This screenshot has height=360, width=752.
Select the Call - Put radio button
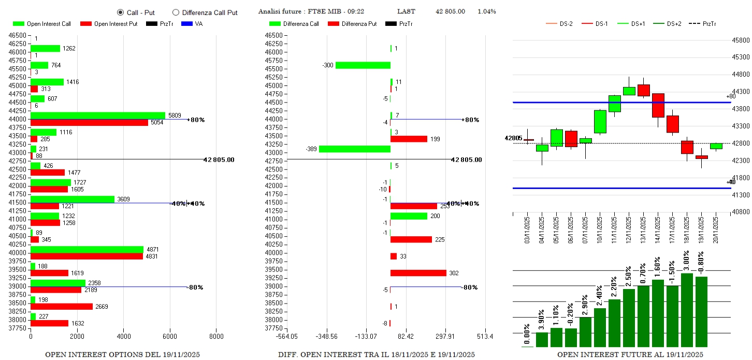tap(121, 12)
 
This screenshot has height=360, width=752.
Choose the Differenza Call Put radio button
tap(176, 12)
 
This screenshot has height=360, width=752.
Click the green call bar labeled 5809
tap(98, 116)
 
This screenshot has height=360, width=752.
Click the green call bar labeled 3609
tap(73, 199)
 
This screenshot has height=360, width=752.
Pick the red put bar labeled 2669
tap(62, 306)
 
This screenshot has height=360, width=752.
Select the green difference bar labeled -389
tap(354, 149)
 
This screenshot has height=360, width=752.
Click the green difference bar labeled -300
tap(363, 65)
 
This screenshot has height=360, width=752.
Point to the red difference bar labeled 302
tap(418, 273)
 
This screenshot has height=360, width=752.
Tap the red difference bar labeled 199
tap(409, 139)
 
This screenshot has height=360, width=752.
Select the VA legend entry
tap(192, 24)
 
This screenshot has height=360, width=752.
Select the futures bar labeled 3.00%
tap(687, 309)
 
